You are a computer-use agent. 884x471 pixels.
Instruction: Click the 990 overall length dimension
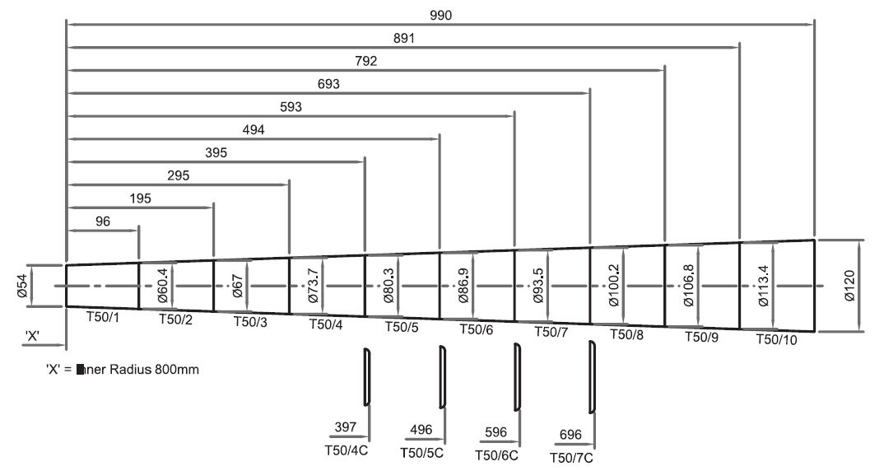[440, 16]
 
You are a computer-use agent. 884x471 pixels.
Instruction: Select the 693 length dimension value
[328, 84]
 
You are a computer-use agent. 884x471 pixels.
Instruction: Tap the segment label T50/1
[104, 316]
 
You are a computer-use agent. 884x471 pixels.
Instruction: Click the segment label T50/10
[778, 338]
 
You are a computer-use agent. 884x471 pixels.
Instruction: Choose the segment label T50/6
[477, 329]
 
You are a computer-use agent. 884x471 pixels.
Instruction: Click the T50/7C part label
[571, 457]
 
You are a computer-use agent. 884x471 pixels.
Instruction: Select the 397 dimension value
[346, 427]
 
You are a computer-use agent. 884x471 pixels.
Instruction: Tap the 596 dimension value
[496, 432]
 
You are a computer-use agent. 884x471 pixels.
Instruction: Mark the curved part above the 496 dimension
[443, 377]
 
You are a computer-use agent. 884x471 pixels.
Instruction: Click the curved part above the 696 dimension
[592, 376]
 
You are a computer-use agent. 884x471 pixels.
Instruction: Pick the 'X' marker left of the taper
[34, 336]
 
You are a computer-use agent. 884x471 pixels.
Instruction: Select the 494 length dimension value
[253, 129]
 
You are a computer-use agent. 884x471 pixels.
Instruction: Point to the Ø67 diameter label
[238, 286]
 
